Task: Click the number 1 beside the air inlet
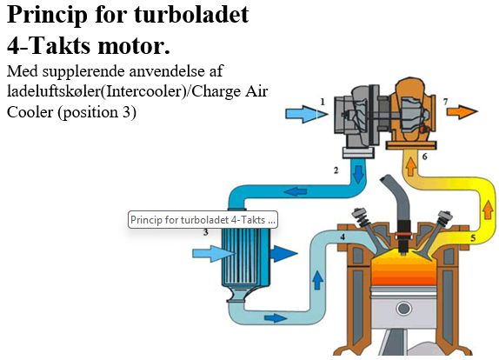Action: [x=323, y=102]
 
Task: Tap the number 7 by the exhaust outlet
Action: [x=446, y=102]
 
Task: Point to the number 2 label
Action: [x=336, y=170]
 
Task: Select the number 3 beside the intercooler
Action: [x=206, y=232]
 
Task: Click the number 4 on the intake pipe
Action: [x=343, y=237]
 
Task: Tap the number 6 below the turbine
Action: [x=424, y=157]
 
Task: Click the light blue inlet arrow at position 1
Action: [x=303, y=114]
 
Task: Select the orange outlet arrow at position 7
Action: [x=462, y=112]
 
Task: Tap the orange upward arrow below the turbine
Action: [x=412, y=164]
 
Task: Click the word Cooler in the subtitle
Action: [x=29, y=112]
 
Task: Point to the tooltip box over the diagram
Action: [x=203, y=220]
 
